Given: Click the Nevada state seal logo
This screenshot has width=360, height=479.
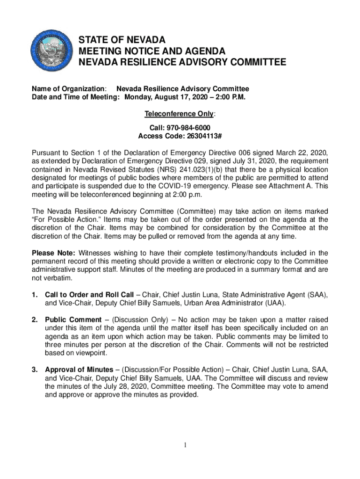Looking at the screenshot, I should coord(53,51).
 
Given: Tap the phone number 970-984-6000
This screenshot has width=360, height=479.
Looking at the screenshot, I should coord(187,128).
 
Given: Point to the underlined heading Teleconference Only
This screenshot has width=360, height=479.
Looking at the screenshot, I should coord(180,114).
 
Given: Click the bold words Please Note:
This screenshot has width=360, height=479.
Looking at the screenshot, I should coord(50,253).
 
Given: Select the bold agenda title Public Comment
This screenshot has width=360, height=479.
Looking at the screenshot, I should coord(72,319).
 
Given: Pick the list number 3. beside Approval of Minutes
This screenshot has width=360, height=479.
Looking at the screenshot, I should coord(35,370).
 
